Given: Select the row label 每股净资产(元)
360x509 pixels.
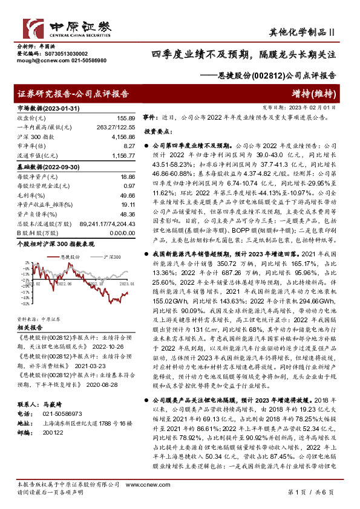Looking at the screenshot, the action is [36, 176].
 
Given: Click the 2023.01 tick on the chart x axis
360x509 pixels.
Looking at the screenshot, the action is [127, 282].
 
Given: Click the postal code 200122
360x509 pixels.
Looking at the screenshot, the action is [50, 433].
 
